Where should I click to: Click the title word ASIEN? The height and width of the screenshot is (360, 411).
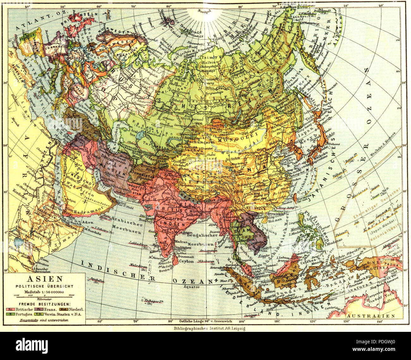pos(45,279)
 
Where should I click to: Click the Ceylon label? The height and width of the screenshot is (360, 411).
pos(186,262)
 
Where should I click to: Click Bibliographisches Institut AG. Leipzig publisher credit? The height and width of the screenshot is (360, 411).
pos(207,328)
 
